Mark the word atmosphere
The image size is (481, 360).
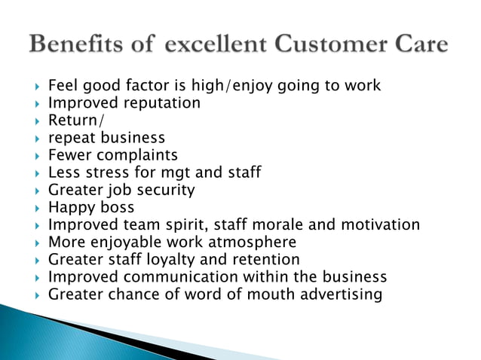[x=252, y=242]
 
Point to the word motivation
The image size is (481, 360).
[x=383, y=224]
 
